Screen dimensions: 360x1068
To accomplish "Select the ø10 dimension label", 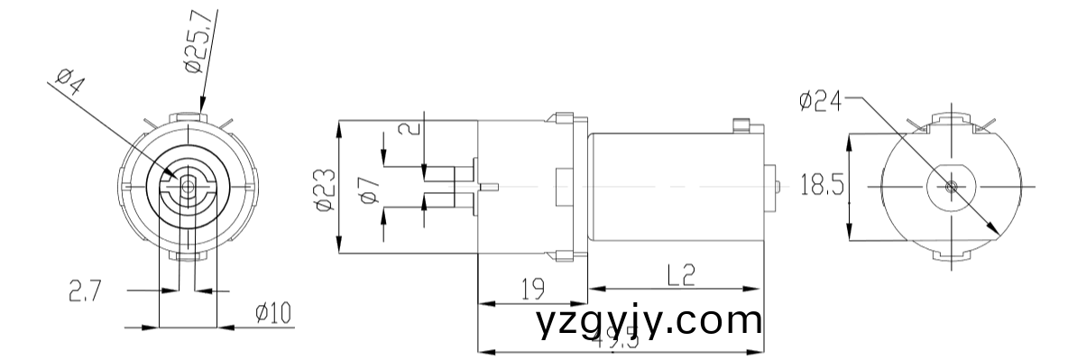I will click(272, 313).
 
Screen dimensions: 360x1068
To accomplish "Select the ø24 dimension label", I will click(820, 102).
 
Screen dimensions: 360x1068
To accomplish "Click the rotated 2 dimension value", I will click(412, 126).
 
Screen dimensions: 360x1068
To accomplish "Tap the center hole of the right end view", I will click(953, 187).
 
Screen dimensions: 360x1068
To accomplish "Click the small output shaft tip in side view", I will click(491, 187).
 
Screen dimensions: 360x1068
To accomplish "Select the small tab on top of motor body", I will click(742, 125).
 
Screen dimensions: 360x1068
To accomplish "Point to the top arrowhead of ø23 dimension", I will click(338, 126).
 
